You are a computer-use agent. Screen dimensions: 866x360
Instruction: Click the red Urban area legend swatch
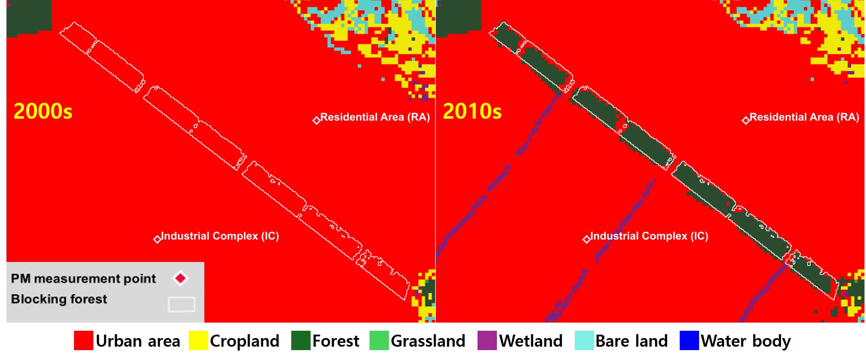[83, 341]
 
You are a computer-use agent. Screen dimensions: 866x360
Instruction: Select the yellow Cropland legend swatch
[198, 341]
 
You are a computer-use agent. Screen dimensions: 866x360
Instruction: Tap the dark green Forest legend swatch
[301, 341]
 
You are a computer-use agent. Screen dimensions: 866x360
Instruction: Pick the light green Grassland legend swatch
[379, 341]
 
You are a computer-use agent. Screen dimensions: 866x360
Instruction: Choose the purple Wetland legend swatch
[487, 341]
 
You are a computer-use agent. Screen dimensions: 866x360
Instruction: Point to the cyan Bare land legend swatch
[584, 341]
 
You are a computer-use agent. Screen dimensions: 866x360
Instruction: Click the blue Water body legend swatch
[689, 341]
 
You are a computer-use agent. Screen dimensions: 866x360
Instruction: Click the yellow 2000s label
[43, 111]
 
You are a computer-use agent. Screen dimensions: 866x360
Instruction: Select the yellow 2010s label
[472, 111]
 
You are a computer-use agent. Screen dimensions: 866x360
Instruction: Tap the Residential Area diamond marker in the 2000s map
[317, 120]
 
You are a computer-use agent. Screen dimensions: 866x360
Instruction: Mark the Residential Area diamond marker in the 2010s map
[746, 120]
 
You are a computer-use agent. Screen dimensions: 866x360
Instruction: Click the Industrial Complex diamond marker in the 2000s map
[157, 239]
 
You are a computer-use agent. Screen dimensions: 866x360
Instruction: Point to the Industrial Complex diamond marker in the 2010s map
[587, 239]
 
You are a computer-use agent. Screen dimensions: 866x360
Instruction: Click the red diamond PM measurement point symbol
[181, 278]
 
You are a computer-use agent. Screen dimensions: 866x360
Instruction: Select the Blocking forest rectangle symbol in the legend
[182, 304]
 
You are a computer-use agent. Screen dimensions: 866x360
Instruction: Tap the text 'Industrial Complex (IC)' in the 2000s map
[220, 236]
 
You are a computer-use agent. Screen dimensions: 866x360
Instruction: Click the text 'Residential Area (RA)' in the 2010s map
[804, 117]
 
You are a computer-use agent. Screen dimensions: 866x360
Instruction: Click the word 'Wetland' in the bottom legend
[531, 341]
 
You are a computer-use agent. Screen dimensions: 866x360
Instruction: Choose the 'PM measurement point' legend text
[83, 279]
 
